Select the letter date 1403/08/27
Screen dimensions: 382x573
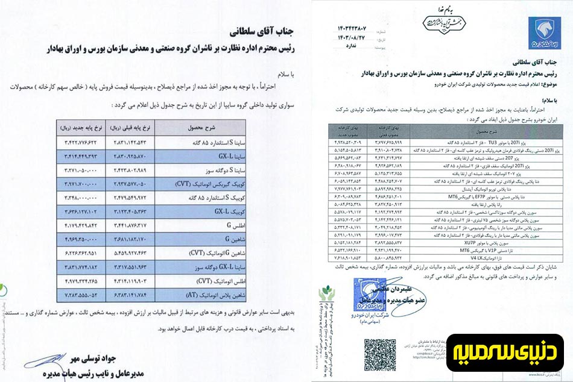[x=355, y=36]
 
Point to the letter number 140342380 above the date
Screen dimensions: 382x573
[x=355, y=27]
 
